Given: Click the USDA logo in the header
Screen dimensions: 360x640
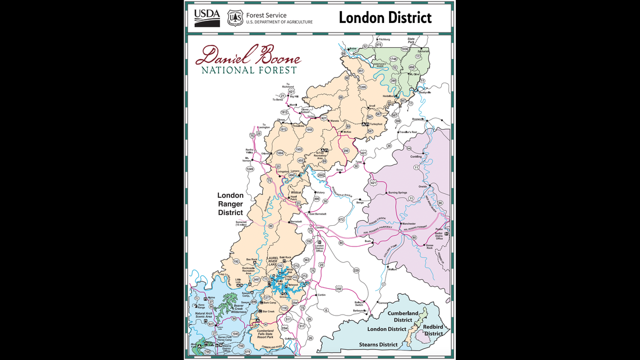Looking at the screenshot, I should click(x=207, y=18).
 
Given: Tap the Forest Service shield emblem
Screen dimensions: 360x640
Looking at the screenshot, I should click(x=235, y=18).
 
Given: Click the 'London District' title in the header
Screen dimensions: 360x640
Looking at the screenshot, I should click(x=385, y=17).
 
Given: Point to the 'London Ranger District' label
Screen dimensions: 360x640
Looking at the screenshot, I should click(x=230, y=204).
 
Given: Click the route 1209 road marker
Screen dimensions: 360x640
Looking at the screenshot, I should click(x=362, y=87).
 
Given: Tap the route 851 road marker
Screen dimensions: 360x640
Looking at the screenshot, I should click(x=360, y=71).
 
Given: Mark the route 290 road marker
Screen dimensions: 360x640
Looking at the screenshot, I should click(x=346, y=151).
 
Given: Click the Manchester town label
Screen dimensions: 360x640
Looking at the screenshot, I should click(x=408, y=224).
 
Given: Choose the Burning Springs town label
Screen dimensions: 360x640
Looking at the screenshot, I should click(x=397, y=193).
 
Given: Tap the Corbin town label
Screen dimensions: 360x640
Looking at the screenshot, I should click(x=321, y=294).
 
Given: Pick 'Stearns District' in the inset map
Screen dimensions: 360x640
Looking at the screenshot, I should click(x=378, y=344).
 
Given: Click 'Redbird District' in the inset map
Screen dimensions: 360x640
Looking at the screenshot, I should click(x=433, y=330).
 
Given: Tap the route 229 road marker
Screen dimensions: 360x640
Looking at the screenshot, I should click(x=356, y=271).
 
